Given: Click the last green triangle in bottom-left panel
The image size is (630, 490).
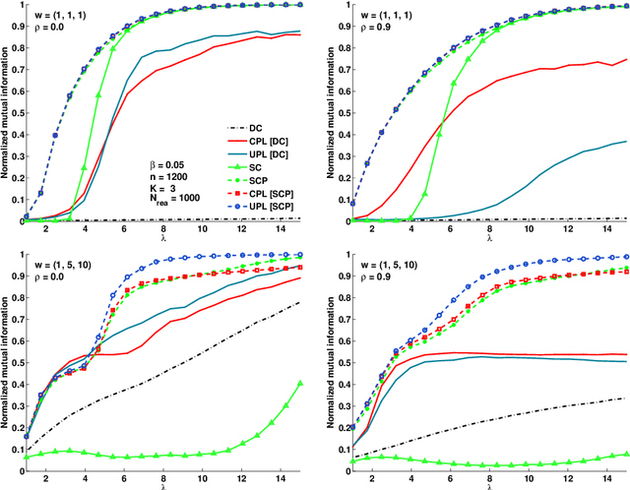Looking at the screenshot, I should click(300, 384).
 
